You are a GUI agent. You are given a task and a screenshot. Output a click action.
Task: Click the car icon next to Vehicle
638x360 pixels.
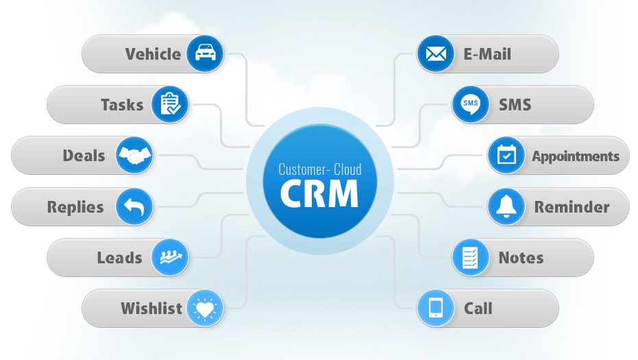[x=205, y=53]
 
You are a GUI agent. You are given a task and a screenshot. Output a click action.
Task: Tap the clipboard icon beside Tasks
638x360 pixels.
[x=170, y=104]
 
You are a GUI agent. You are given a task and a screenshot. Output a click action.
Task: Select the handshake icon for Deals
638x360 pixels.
[x=135, y=156]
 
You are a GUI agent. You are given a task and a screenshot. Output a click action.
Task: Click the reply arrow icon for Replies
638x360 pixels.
[x=135, y=206]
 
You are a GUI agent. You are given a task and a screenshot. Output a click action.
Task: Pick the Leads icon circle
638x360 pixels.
[x=170, y=257]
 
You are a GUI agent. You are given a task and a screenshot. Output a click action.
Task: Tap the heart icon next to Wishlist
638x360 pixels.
[x=205, y=308]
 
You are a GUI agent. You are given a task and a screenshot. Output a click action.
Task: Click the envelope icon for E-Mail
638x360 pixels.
[x=436, y=53]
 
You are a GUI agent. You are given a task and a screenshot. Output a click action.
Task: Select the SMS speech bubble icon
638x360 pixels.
[x=471, y=104]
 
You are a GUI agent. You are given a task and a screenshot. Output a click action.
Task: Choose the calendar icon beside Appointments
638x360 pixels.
[x=506, y=156]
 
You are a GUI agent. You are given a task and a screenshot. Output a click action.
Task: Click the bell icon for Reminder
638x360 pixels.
[x=506, y=206]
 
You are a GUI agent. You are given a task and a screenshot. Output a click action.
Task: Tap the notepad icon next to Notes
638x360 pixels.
[x=471, y=257]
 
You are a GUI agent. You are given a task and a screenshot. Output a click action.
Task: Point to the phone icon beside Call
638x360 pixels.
[x=436, y=308]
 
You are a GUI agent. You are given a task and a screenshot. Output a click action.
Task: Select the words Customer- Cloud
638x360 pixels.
[x=319, y=169]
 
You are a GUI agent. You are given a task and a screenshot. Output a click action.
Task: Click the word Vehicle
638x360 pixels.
[x=153, y=54]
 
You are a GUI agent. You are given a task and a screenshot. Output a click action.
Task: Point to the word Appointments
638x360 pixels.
[x=576, y=156]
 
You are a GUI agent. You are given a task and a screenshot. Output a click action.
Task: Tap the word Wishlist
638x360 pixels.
[x=151, y=309]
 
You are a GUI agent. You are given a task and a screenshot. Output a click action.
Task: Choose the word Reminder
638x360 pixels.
[x=572, y=207]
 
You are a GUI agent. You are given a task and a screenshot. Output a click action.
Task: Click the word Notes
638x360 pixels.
[x=521, y=258]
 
